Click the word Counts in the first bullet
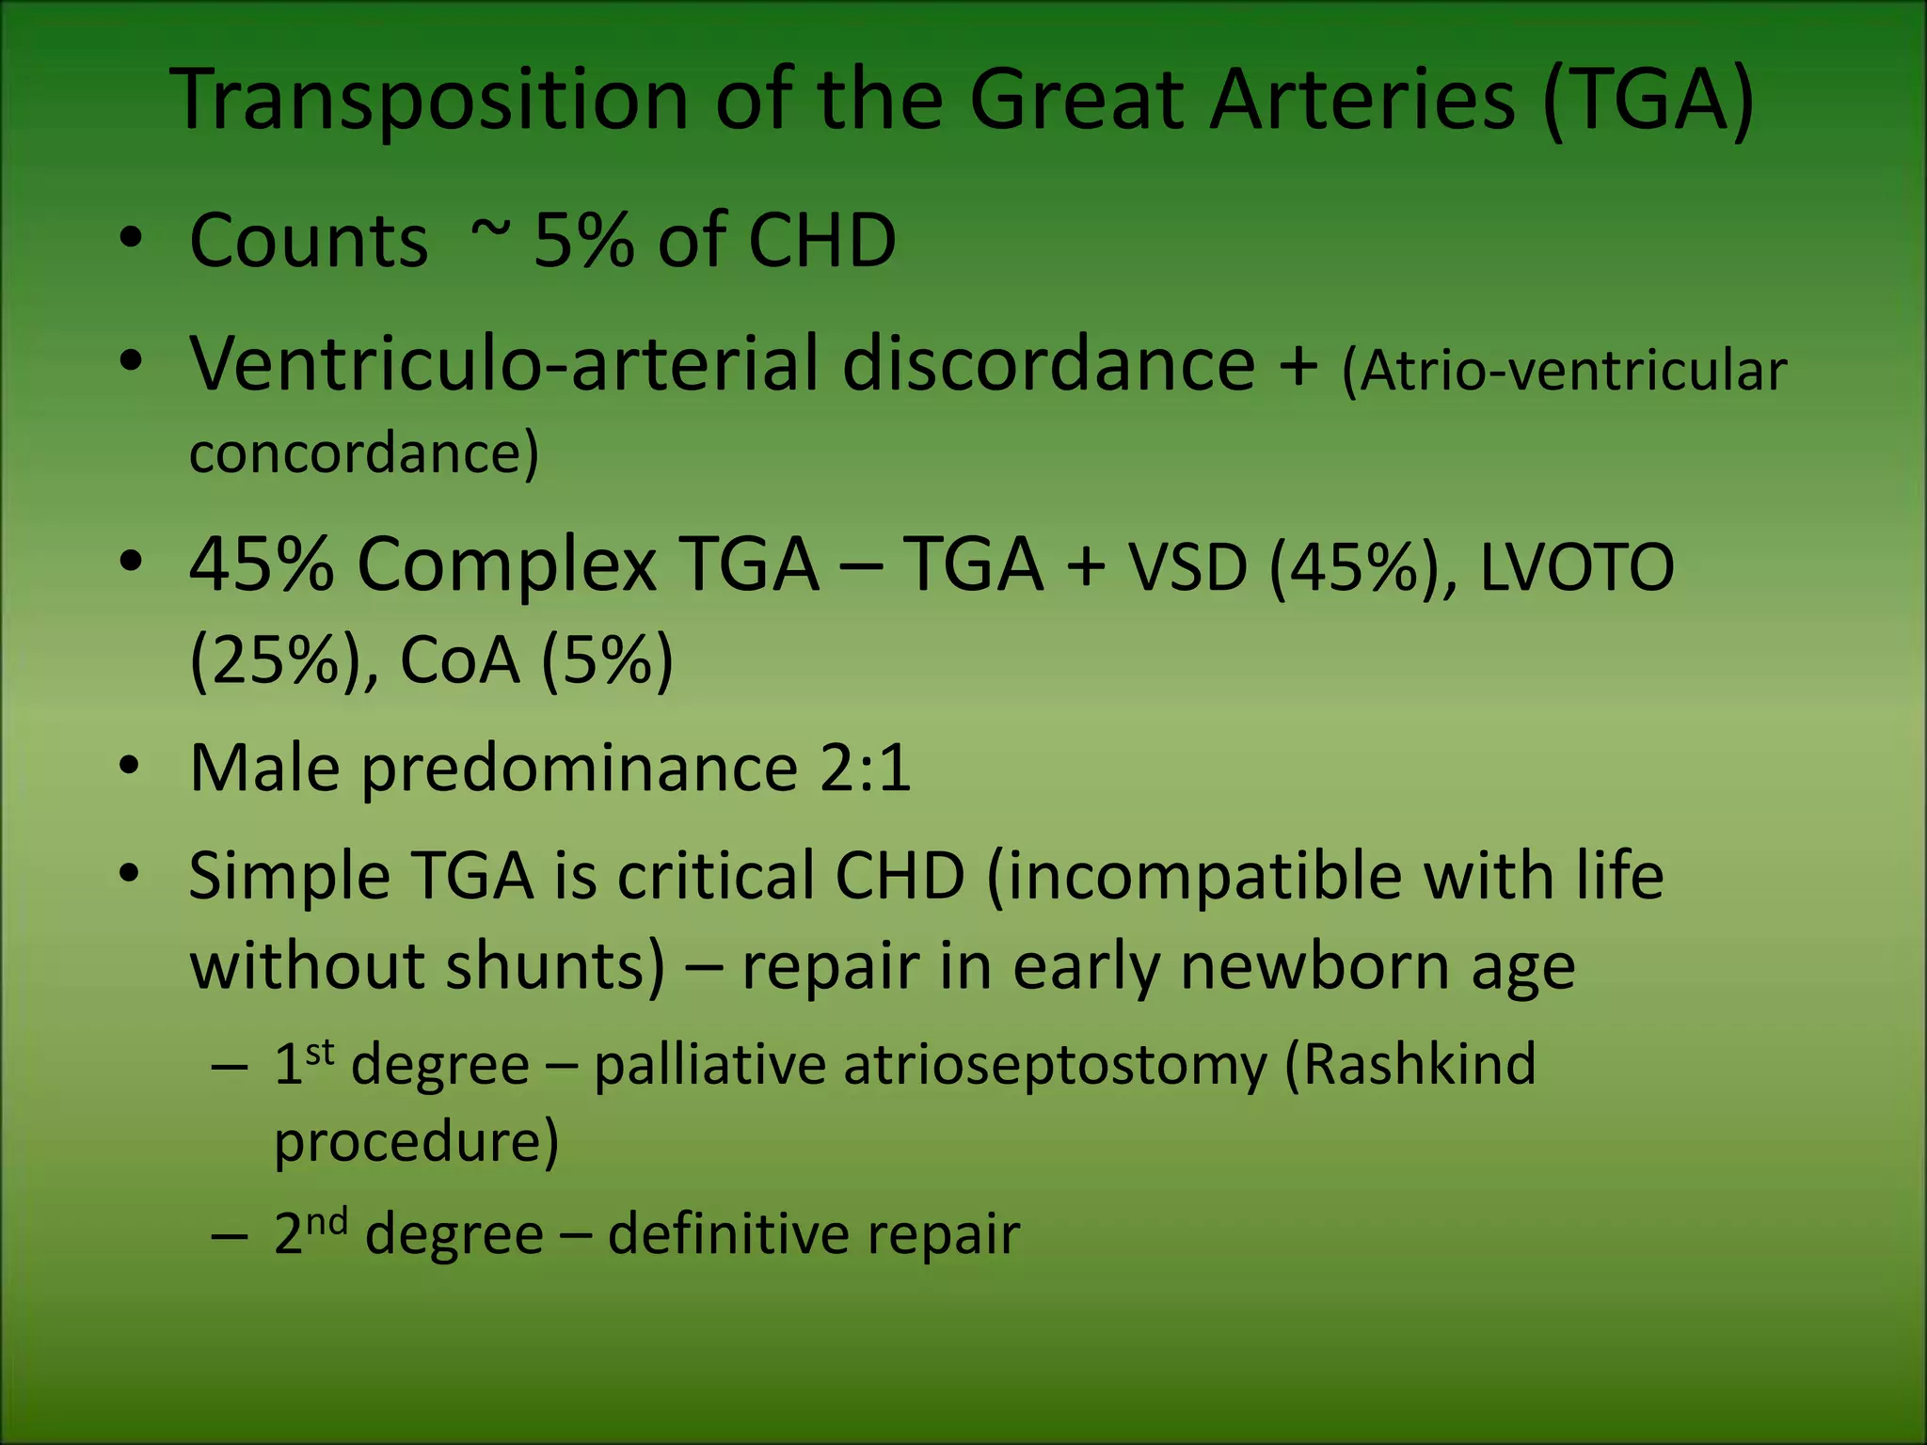pyautogui.click(x=309, y=241)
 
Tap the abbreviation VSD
pyautogui.click(x=1187, y=568)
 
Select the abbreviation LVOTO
pyautogui.click(x=1577, y=568)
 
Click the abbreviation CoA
pyautogui.click(x=459, y=660)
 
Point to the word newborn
pyautogui.click(x=1314, y=967)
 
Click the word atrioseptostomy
pyautogui.click(x=1055, y=1067)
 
